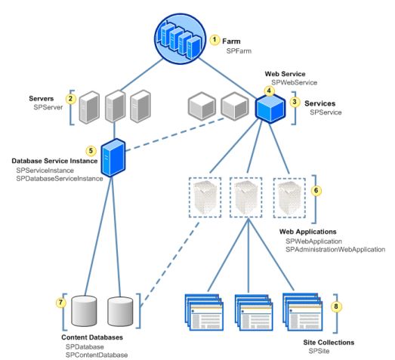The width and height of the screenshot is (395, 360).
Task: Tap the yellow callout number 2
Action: [70, 98]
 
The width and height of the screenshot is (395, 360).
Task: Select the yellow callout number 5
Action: [91, 150]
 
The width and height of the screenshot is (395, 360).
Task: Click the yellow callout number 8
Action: [337, 308]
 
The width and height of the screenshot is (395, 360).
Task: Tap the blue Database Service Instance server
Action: [112, 157]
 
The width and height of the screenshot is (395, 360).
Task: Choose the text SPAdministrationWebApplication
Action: [335, 248]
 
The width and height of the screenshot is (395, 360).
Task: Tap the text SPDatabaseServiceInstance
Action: [59, 179]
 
